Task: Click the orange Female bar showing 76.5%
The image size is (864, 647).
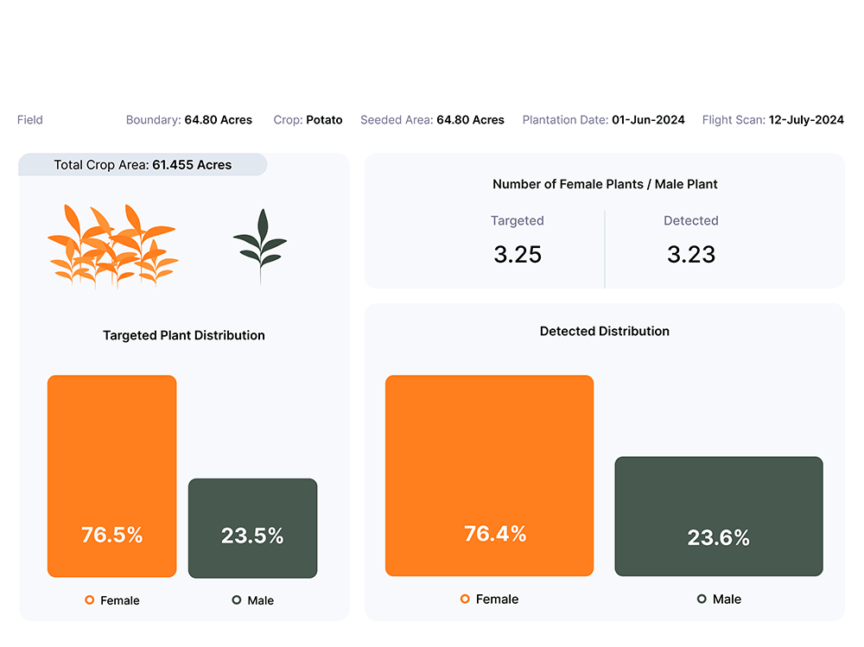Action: tap(111, 475)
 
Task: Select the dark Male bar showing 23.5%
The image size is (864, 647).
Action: tap(252, 528)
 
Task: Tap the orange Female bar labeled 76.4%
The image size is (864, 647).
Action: tap(489, 475)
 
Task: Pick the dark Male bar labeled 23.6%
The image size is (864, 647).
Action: tap(718, 516)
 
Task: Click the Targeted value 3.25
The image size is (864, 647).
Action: tap(518, 254)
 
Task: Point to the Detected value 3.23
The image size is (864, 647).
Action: tap(691, 254)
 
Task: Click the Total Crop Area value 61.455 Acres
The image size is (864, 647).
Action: tap(192, 165)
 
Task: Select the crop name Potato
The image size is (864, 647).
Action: tap(324, 120)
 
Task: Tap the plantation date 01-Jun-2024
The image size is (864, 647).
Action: tap(648, 120)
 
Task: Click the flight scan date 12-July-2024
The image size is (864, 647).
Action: tap(806, 120)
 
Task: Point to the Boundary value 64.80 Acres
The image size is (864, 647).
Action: tap(218, 120)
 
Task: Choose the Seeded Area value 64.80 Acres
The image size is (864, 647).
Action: tap(470, 120)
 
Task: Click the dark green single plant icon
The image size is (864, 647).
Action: tap(260, 245)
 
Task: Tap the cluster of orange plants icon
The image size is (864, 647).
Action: tap(112, 244)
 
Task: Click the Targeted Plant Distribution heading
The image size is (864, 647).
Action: tap(184, 335)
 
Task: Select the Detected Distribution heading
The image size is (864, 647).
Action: tap(605, 331)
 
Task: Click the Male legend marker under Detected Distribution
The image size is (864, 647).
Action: tap(702, 599)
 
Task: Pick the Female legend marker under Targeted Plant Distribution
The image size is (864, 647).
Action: tap(89, 600)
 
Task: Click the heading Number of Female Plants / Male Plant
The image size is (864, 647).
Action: tap(605, 184)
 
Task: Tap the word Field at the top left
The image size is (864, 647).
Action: tap(29, 120)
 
